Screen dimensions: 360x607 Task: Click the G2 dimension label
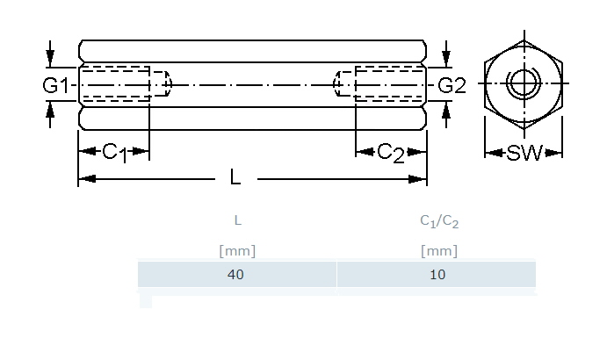[x=452, y=85]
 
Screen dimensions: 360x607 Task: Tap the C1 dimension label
[x=113, y=152]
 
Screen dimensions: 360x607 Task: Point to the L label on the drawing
[x=235, y=178]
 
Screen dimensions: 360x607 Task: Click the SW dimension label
[x=524, y=154]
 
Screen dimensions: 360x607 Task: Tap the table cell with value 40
[x=235, y=274]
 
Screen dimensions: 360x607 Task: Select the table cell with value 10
[x=438, y=274]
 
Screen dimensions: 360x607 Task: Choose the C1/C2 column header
[x=439, y=221]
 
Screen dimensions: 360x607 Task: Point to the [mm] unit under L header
[x=237, y=250]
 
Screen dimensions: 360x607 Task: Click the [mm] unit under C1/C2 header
[x=439, y=250]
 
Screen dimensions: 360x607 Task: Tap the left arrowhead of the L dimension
[x=84, y=179]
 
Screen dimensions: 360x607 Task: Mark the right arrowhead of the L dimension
[x=421, y=179]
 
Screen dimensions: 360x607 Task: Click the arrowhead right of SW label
[x=553, y=154]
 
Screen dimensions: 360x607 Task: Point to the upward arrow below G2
[x=446, y=110]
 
